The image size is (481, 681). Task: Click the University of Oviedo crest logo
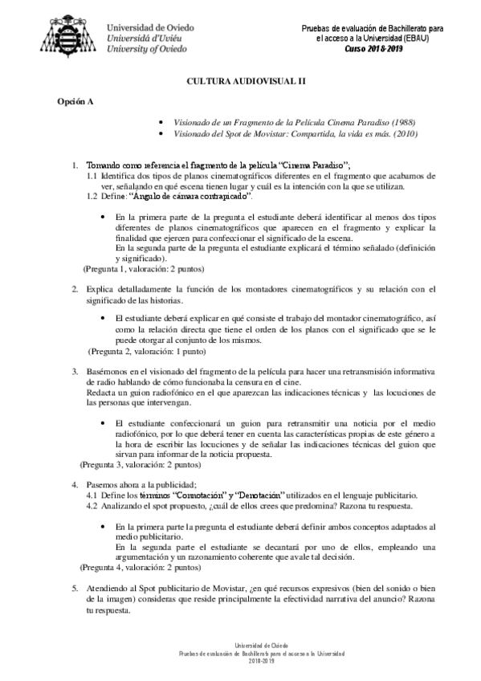point(70,32)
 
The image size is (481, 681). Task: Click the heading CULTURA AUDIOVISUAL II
point(240,82)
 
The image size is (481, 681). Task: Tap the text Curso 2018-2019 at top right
point(373,48)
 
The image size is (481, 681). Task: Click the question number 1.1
point(92,175)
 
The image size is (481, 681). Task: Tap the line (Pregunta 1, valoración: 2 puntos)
point(144,269)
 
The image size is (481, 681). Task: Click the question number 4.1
point(92,495)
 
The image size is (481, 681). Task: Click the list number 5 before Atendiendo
point(75,588)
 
